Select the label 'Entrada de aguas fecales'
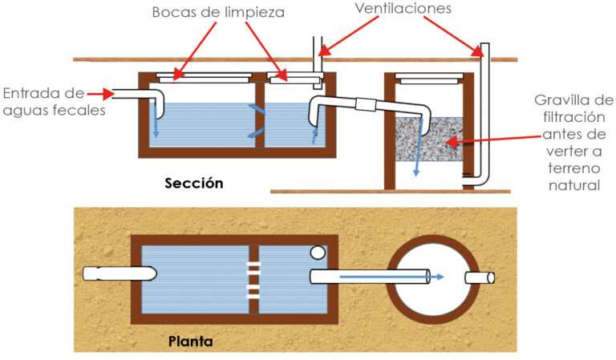(53, 101)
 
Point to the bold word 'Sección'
(193, 183)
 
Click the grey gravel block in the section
(429, 138)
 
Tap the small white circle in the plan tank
(318, 253)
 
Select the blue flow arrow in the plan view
(393, 277)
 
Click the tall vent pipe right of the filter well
(484, 112)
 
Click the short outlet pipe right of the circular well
(480, 277)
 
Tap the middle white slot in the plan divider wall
(253, 279)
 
